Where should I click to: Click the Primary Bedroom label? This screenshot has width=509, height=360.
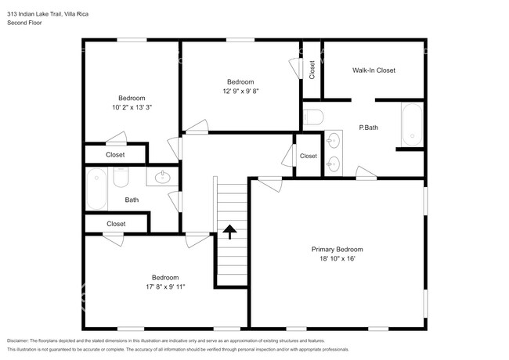pyautogui.click(x=337, y=250)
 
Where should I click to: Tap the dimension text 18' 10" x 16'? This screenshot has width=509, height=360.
pyautogui.click(x=338, y=258)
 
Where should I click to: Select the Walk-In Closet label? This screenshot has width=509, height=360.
pyautogui.click(x=374, y=70)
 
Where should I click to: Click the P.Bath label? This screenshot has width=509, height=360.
pyautogui.click(x=369, y=128)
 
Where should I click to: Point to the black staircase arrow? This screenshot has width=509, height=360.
pyautogui.click(x=229, y=232)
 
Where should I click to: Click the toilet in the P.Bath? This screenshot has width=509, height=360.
pyautogui.click(x=313, y=117)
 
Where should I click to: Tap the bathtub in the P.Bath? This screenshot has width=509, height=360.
pyautogui.click(x=412, y=125)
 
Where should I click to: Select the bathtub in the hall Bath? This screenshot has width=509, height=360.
pyautogui.click(x=96, y=189)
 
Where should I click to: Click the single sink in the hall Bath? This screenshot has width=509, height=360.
pyautogui.click(x=162, y=177)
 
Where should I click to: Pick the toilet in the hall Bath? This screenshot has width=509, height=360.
pyautogui.click(x=121, y=177)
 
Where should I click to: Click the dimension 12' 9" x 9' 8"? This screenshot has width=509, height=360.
pyautogui.click(x=240, y=91)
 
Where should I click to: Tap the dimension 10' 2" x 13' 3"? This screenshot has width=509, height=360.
pyautogui.click(x=132, y=107)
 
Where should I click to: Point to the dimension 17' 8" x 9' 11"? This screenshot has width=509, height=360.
pyautogui.click(x=165, y=286)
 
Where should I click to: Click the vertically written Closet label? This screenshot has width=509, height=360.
pyautogui.click(x=312, y=70)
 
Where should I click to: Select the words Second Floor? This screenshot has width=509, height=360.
pyautogui.click(x=24, y=23)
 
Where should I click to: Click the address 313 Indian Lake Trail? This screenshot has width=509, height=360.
pyautogui.click(x=34, y=14)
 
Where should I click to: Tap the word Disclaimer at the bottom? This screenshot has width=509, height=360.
pyautogui.click(x=18, y=341)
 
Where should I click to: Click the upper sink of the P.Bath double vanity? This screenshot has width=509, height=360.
pyautogui.click(x=333, y=141)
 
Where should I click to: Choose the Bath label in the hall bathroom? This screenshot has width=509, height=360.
pyautogui.click(x=132, y=200)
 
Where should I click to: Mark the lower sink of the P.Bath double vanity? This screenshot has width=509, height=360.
pyautogui.click(x=333, y=164)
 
